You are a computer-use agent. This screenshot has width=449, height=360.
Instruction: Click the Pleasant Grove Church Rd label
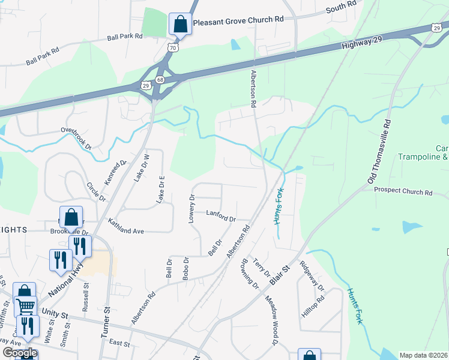[x=238, y=19]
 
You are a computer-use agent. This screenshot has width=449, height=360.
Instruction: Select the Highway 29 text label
[x=360, y=43]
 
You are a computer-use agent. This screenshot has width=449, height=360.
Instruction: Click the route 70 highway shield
[x=172, y=47]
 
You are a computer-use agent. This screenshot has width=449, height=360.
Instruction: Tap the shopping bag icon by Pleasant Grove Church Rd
[x=179, y=25]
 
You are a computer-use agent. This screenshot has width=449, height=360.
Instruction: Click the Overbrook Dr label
[x=76, y=137]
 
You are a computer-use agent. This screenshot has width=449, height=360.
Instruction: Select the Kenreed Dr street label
[x=116, y=172]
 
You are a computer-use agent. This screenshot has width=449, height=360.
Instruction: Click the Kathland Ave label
[x=126, y=226]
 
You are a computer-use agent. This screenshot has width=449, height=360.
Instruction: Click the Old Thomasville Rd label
[x=379, y=151]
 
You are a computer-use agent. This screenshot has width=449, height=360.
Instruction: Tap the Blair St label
[x=280, y=274]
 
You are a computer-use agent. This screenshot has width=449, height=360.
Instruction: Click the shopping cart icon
[x=25, y=306]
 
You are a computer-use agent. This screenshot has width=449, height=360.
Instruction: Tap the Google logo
[x=19, y=353]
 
